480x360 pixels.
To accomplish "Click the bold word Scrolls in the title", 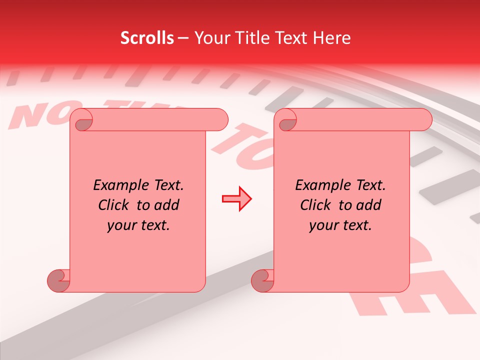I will pos(147,38).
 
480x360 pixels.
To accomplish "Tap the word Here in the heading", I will pos(331,38).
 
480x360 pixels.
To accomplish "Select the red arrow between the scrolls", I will pos(236,199).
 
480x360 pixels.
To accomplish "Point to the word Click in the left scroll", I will pos(113,205).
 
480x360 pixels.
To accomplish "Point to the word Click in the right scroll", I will pos(315,205).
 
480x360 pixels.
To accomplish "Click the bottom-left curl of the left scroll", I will pos(59,280).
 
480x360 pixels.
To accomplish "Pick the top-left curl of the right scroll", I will pos(286,120).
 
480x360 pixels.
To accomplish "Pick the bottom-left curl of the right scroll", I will pos(263,280).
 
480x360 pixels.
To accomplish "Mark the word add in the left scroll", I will pos(167,205).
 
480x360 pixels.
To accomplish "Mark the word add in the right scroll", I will pos(369,205).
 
